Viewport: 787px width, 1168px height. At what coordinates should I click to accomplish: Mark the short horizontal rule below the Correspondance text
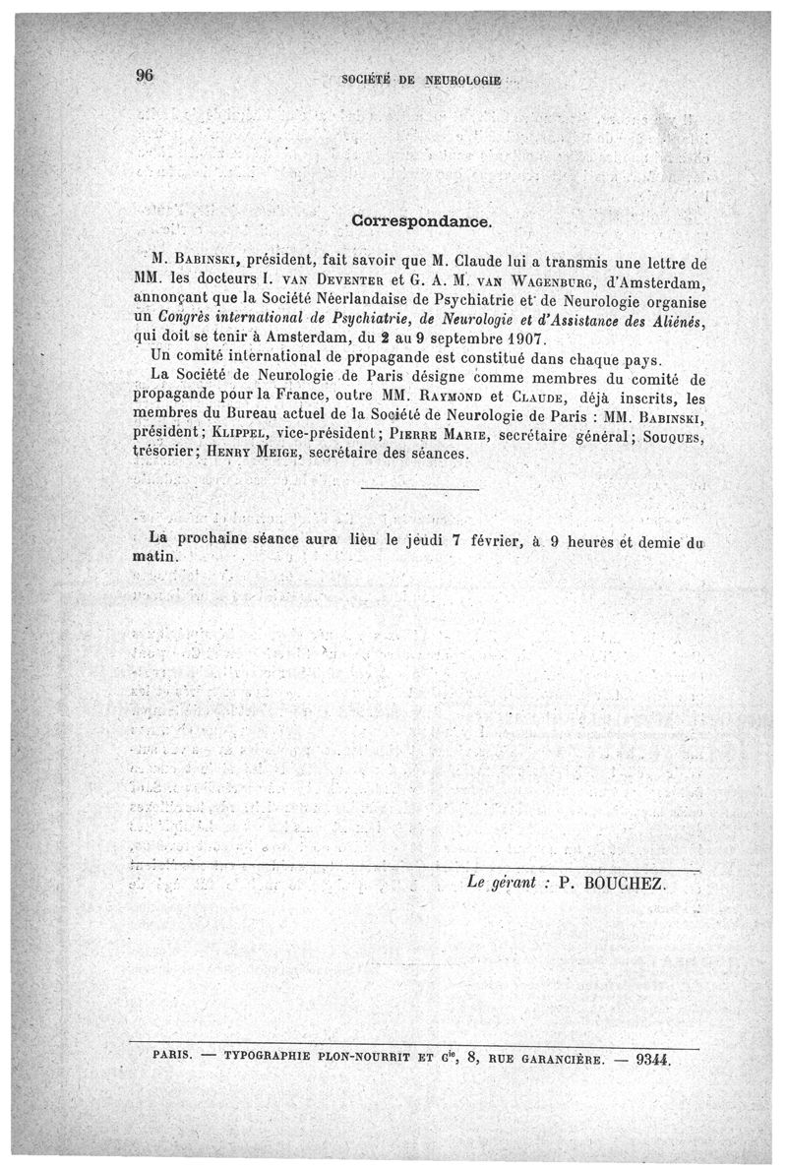point(420,489)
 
